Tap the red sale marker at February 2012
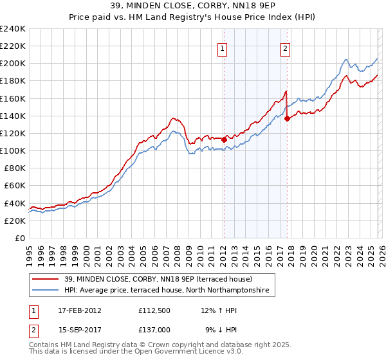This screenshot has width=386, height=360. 224,139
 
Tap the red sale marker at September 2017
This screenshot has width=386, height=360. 287,118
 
